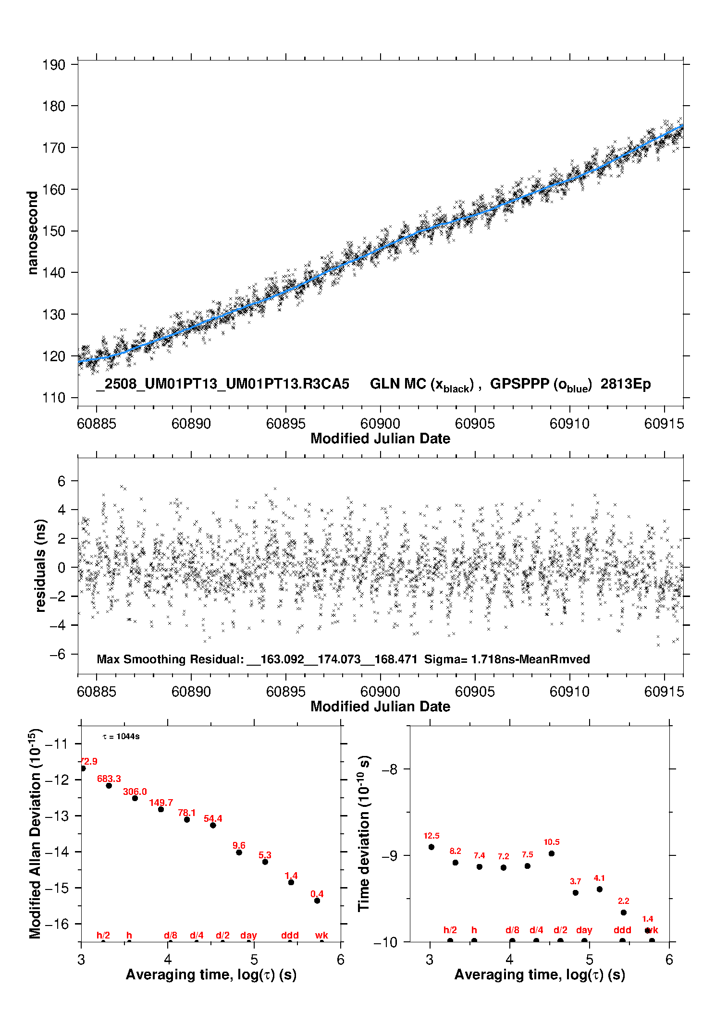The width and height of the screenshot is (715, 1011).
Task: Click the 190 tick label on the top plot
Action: [x=53, y=64]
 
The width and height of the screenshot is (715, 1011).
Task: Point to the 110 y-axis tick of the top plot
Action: [x=53, y=398]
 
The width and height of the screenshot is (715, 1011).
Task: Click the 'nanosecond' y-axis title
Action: [x=32, y=232]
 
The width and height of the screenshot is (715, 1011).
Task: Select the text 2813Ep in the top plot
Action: [x=626, y=384]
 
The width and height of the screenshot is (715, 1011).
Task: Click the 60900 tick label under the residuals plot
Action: [x=380, y=692]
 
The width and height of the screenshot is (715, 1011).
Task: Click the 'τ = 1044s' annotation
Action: [x=121, y=736]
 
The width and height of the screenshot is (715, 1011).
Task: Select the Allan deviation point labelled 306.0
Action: [x=135, y=798]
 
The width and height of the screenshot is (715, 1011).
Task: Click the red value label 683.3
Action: [x=109, y=779]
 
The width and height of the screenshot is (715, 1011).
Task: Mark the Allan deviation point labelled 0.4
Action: [x=317, y=901]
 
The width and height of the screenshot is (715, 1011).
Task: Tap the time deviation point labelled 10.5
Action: [x=552, y=853]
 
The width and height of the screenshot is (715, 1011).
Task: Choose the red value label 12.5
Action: [x=431, y=836]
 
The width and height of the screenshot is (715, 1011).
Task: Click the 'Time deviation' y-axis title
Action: [x=364, y=833]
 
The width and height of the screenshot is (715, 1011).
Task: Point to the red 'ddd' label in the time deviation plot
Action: [x=622, y=930]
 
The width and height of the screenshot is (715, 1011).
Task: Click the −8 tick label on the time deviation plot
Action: [x=390, y=769]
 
